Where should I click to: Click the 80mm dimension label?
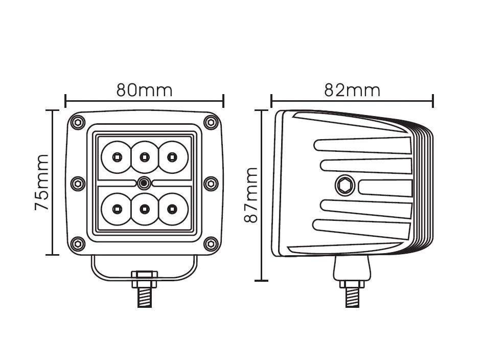point(145,90)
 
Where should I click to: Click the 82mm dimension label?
point(352,90)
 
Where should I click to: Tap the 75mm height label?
point(41,182)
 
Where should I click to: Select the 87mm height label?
point(250,196)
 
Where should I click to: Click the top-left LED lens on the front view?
point(117,156)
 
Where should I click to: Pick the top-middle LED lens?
point(144,156)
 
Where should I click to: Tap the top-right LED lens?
point(172,156)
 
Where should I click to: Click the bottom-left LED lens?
point(117,208)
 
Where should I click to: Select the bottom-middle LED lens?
point(144,208)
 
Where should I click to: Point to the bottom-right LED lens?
point(172,208)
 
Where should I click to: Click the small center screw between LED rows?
point(144,182)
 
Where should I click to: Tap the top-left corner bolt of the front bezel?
point(78,122)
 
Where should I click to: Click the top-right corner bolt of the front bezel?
point(210,122)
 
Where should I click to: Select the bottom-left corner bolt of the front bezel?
point(78,243)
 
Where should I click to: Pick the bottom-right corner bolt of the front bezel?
point(210,243)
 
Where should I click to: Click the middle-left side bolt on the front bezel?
point(78,183)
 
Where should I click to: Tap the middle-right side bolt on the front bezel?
point(210,183)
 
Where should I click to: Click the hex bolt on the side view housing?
point(343,184)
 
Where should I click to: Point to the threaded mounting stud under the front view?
point(145,296)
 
